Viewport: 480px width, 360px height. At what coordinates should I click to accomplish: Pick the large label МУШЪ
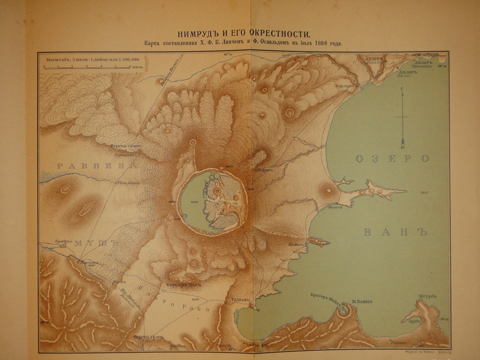tap(96, 243)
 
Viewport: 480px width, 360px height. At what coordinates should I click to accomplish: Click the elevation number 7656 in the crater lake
tap(193, 203)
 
